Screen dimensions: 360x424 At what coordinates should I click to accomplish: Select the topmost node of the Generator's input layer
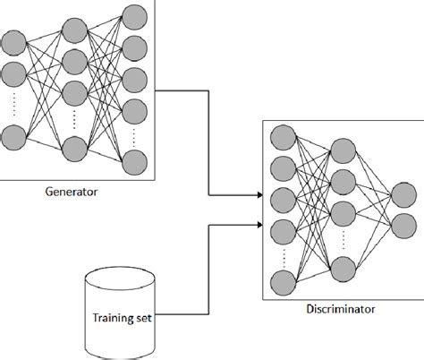(13, 41)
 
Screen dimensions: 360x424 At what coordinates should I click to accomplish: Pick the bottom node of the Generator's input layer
(13, 139)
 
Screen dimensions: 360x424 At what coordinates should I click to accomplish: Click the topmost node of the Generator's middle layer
(74, 30)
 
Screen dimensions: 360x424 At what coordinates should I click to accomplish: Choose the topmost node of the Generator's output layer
(135, 17)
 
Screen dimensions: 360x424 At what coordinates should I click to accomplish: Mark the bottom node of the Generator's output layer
(135, 162)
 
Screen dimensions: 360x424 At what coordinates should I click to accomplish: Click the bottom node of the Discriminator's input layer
(283, 285)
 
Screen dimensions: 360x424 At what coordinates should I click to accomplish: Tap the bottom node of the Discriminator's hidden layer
(342, 269)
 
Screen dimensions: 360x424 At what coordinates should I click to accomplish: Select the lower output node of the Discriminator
(402, 226)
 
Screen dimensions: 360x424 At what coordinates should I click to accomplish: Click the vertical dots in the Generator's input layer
(13, 106)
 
